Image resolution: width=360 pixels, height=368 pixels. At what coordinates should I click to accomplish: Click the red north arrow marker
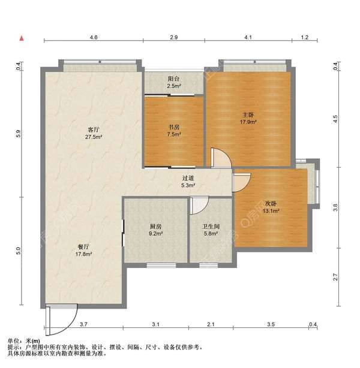pos(22,38)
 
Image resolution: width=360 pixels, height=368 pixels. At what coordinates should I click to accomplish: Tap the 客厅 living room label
pos(93,129)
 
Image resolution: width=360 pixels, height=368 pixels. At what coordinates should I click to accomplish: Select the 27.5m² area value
pos(93,137)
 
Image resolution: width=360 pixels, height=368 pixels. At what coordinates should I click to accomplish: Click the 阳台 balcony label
pos(173,79)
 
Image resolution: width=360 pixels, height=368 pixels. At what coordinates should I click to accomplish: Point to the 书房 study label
pos(174,127)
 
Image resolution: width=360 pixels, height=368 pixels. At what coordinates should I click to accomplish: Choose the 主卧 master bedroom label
pos(248,115)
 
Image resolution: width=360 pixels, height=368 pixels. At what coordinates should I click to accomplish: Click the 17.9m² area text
pos(248,122)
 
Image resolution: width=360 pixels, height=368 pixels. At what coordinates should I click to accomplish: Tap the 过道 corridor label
pos(188,178)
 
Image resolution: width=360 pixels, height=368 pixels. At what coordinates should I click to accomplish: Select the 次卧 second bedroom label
pos(271,204)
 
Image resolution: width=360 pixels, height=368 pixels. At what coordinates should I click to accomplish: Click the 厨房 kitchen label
pos(155,227)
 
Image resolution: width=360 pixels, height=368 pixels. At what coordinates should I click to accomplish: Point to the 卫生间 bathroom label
pos(211,227)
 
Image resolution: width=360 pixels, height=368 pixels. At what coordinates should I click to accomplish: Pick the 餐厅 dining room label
pos(83,247)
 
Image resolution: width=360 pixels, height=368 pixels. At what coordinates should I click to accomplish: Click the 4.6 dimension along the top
pos(94,37)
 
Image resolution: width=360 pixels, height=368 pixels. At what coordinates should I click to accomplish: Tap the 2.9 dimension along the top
pos(174,37)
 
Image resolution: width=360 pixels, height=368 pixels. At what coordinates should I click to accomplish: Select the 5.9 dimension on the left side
pos(19,134)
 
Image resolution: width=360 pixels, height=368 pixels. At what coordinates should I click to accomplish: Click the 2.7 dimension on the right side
pos(335,277)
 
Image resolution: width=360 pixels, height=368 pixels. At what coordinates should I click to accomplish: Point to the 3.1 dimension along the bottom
pos(155,324)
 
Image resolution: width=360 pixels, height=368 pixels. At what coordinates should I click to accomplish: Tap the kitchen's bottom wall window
pos(161,266)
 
